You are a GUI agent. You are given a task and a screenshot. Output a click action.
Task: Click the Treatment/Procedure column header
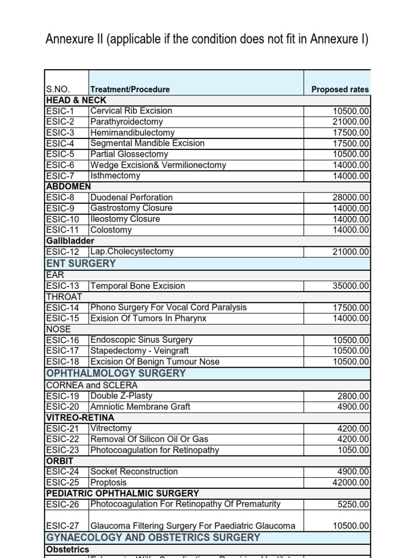pyautogui.click(x=130, y=89)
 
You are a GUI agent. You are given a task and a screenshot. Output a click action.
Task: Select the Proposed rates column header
pyautogui.click(x=339, y=89)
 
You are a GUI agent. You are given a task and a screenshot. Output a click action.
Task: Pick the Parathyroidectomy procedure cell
pyautogui.click(x=127, y=122)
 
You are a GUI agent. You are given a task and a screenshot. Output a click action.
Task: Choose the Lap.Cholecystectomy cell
pyautogui.click(x=132, y=252)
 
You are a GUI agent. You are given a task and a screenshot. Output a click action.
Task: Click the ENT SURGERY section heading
pyautogui.click(x=81, y=264)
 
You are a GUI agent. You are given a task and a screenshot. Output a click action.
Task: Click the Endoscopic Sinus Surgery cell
pyautogui.click(x=141, y=340)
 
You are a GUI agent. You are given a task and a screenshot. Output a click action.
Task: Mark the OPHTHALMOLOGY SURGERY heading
pyautogui.click(x=116, y=374)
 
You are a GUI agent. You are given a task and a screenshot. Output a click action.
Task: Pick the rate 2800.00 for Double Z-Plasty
pyautogui.click(x=353, y=396)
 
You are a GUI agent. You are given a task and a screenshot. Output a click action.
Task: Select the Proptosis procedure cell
pyautogui.click(x=108, y=483)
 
